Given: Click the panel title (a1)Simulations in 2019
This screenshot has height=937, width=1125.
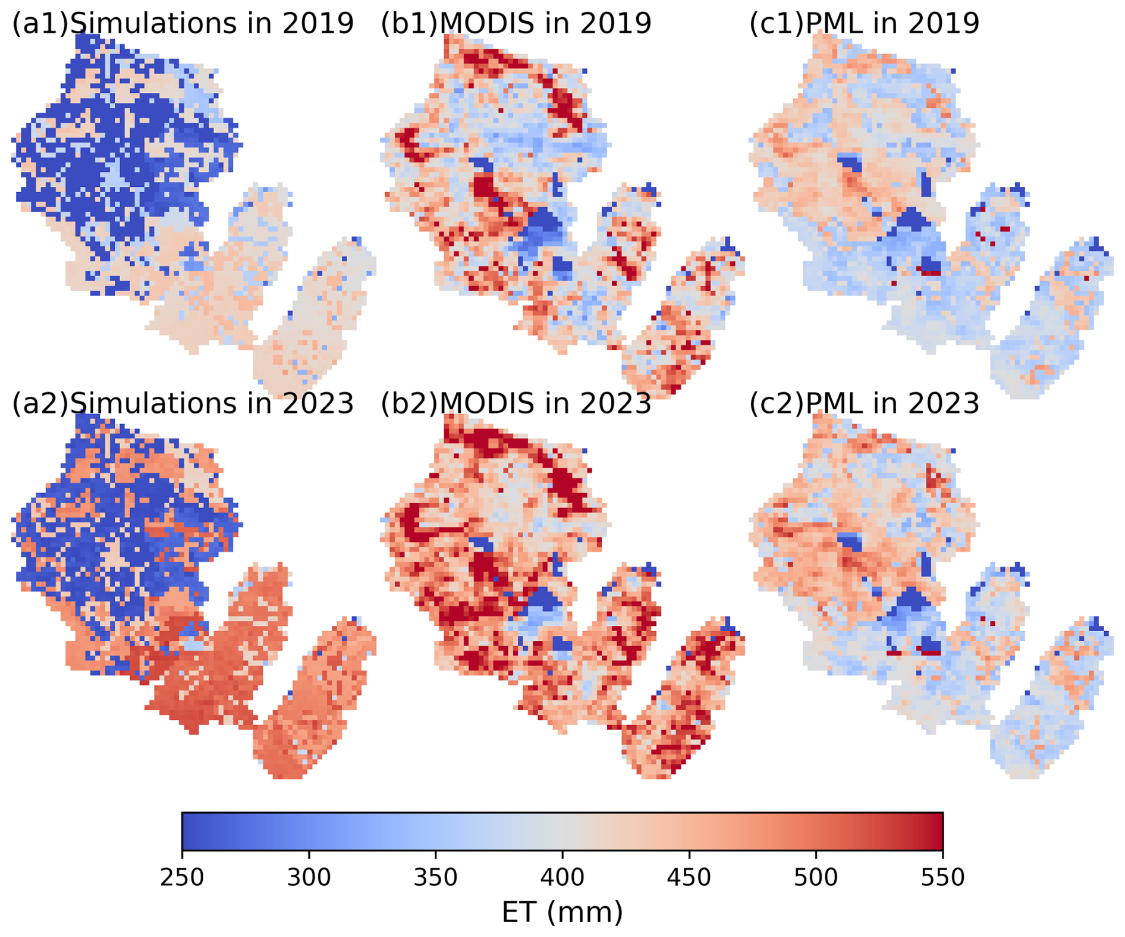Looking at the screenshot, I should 183,23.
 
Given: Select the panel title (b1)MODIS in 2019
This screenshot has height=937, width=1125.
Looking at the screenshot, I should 516,23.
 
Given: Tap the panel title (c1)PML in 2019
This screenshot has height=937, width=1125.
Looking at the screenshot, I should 864,23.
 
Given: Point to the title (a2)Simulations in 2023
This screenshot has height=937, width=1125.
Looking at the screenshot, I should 183,403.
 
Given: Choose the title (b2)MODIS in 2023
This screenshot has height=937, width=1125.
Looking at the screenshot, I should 516,403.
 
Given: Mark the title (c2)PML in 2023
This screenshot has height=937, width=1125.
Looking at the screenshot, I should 864,403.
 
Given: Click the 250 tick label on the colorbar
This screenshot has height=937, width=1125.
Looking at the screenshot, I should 182,878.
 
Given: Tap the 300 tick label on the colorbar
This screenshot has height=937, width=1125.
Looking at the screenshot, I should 309,878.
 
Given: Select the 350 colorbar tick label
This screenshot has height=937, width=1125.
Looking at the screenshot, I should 435,878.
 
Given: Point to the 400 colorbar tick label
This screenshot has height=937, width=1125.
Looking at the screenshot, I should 562,878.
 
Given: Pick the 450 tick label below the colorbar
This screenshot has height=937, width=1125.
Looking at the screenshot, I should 689,878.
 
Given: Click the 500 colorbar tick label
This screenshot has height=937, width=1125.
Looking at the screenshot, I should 816,878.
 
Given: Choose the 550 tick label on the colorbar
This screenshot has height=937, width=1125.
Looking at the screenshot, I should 942,878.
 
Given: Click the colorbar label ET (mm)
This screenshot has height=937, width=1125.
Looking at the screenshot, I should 562,912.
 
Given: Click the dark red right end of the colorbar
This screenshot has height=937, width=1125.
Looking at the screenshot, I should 936,831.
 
